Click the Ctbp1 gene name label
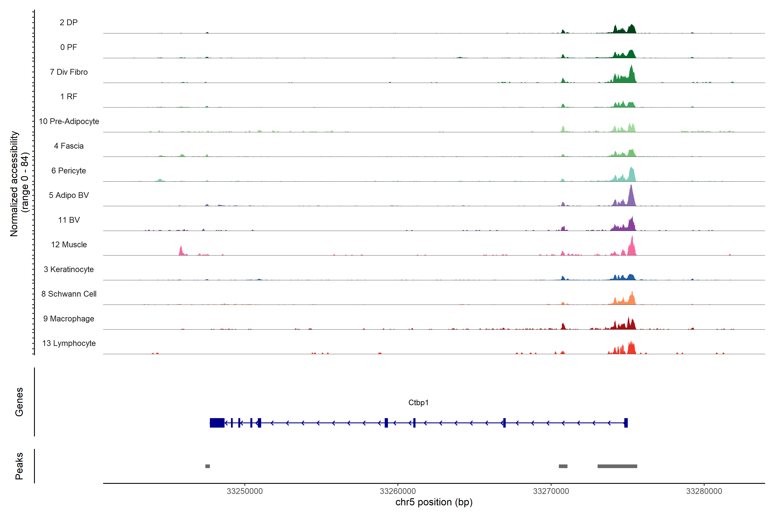point(418,403)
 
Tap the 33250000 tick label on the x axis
point(245,491)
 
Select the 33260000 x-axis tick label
point(398,491)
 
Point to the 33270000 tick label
point(551,491)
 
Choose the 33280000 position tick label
point(704,491)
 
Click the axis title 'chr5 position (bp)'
point(434,502)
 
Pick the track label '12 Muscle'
point(69,245)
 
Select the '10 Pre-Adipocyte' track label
point(69,121)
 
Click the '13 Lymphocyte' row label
point(69,343)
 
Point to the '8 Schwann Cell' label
point(69,294)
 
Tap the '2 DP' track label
point(68,22)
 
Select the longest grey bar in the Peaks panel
point(617,466)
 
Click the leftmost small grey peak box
point(208,466)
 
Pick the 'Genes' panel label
point(19,402)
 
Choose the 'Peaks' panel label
point(19,466)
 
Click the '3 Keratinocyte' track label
point(69,269)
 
